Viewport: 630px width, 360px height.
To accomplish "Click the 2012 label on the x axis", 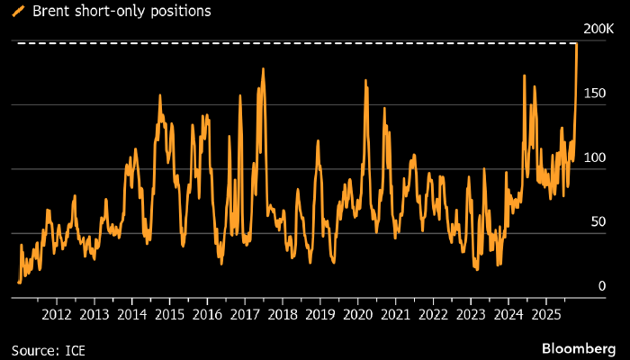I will [57, 314].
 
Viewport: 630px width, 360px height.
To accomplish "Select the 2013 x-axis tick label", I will [94, 314].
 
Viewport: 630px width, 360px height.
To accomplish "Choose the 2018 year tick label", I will [283, 314].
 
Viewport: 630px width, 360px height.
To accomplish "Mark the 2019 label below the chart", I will [320, 314].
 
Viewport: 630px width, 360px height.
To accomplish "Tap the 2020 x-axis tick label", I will [358, 314].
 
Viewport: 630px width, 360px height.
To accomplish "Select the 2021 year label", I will [396, 314].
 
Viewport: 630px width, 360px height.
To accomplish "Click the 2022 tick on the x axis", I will [433, 314].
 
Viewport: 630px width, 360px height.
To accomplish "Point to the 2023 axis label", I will [471, 314].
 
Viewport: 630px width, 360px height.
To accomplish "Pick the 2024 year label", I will [508, 314].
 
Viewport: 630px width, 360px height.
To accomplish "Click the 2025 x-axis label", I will [546, 314].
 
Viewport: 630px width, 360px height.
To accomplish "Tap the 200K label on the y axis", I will [598, 30].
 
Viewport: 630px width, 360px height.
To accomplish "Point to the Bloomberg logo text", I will [580, 347].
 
